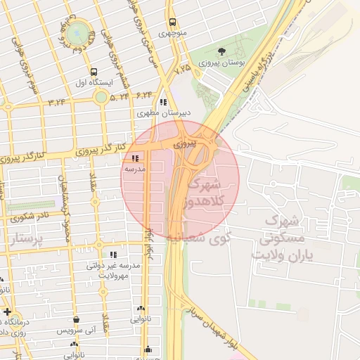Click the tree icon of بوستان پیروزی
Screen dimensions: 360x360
pos(221,51)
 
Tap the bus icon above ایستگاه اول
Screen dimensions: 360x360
pos(94,72)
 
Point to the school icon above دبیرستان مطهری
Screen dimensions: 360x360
pos(165,101)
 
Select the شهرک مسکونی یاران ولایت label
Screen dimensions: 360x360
pos(288,239)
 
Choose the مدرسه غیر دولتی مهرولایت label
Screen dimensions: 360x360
pos(114,270)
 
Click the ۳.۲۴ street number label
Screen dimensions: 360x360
pos(57,103)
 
